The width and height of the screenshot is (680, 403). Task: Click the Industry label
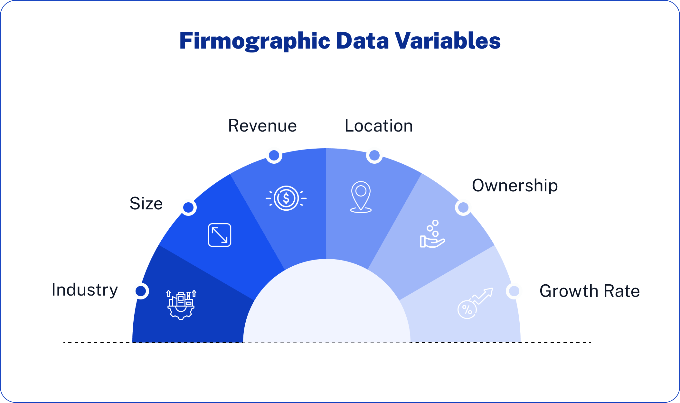pos(85,290)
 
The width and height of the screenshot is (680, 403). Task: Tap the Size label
pos(146,204)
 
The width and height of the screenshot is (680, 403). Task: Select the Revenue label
pos(262,126)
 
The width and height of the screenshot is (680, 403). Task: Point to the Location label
pos(379,126)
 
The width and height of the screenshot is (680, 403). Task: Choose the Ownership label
pos(515,186)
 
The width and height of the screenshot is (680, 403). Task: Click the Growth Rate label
pos(590,291)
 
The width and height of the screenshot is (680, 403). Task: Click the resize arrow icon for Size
pos(220,235)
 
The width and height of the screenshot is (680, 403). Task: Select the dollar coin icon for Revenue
pos(286,198)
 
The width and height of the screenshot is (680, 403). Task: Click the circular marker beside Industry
pos(141,291)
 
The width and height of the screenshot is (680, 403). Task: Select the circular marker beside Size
pos(188,207)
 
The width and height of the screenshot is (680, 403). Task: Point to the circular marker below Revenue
pos(274,155)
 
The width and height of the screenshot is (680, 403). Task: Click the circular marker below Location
pos(374,155)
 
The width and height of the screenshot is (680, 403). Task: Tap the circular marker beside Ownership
pos(463,207)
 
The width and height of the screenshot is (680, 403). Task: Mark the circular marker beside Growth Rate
pos(514,291)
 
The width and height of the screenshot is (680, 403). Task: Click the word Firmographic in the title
pos(255,41)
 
